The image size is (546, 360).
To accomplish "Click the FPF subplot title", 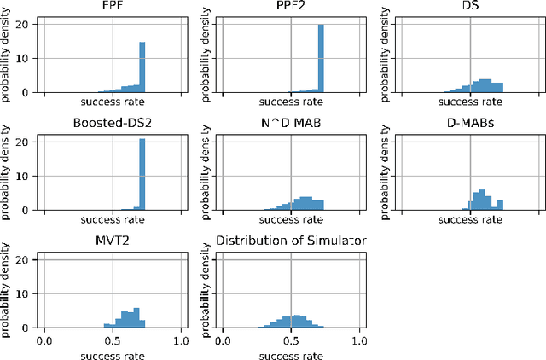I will point(113,7).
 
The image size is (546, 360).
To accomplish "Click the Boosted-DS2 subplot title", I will point(113,124).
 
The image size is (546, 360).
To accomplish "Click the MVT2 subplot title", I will point(113,241).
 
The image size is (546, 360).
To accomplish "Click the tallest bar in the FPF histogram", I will point(142,67).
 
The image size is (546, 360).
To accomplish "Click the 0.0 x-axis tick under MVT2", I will point(44,340).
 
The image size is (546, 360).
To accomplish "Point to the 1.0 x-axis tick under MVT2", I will point(181,340).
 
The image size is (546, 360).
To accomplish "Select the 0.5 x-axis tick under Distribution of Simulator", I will point(291,340).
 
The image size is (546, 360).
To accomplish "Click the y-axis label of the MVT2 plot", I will point(8,290).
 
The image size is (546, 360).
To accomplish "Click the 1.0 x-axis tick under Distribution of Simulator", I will point(359,340).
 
